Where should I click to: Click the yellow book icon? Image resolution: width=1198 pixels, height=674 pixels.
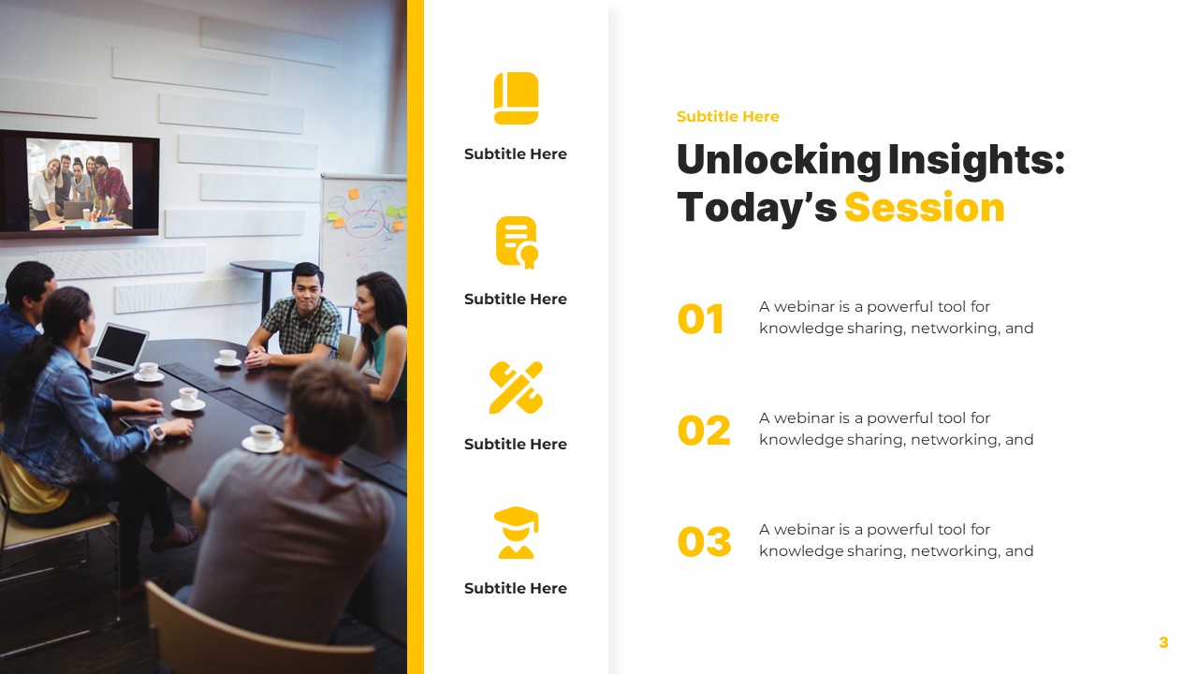point(516,98)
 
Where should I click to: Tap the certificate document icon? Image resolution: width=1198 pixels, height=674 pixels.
point(516,242)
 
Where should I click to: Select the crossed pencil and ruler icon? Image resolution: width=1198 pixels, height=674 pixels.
point(516,388)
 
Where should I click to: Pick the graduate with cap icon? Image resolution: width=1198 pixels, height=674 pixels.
point(516,533)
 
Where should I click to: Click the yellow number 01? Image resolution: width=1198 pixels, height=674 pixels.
point(701,319)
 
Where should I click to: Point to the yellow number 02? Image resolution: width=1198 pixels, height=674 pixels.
point(703,431)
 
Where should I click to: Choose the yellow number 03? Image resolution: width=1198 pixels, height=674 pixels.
point(704,542)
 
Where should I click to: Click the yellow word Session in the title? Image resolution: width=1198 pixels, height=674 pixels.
point(924,207)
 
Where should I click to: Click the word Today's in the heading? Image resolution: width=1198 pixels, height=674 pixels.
point(755,207)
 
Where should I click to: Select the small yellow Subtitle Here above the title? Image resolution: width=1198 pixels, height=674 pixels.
point(727,116)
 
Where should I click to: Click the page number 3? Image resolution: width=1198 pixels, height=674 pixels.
point(1163,642)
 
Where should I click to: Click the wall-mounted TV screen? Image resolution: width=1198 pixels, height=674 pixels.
point(79,183)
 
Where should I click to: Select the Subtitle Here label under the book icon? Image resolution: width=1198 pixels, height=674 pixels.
point(516,154)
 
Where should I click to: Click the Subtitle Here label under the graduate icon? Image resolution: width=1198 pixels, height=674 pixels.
point(516,589)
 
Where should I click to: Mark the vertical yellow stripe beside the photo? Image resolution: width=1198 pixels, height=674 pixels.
point(416,337)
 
